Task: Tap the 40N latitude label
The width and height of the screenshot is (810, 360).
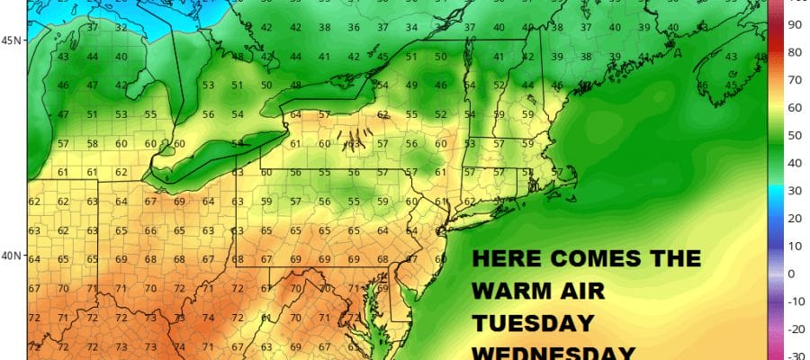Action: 11,256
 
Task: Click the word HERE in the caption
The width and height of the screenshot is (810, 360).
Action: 508,260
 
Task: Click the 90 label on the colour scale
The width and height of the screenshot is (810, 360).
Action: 794,24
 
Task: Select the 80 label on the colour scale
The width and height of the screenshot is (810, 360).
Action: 794,52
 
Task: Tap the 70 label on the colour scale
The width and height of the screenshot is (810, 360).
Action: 794,80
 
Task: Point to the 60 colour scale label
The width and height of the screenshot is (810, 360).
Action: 794,108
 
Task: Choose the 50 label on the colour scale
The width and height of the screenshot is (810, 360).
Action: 794,135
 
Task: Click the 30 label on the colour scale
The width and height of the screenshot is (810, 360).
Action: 794,191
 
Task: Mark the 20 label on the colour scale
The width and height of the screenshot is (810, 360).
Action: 794,218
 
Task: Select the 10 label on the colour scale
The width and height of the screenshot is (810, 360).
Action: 794,246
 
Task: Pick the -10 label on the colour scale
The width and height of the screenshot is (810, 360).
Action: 794,301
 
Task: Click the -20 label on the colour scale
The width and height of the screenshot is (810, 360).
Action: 794,328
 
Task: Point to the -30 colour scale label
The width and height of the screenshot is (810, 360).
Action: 794,356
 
